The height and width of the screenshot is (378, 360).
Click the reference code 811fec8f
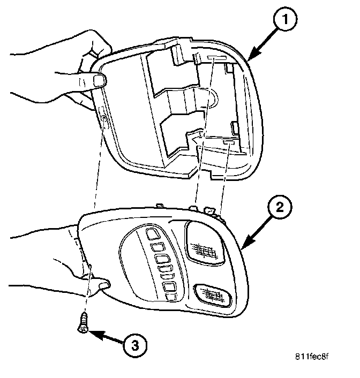click(313, 356)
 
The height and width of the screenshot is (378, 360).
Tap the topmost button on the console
click(152, 233)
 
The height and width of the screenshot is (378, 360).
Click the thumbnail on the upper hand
click(99, 81)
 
